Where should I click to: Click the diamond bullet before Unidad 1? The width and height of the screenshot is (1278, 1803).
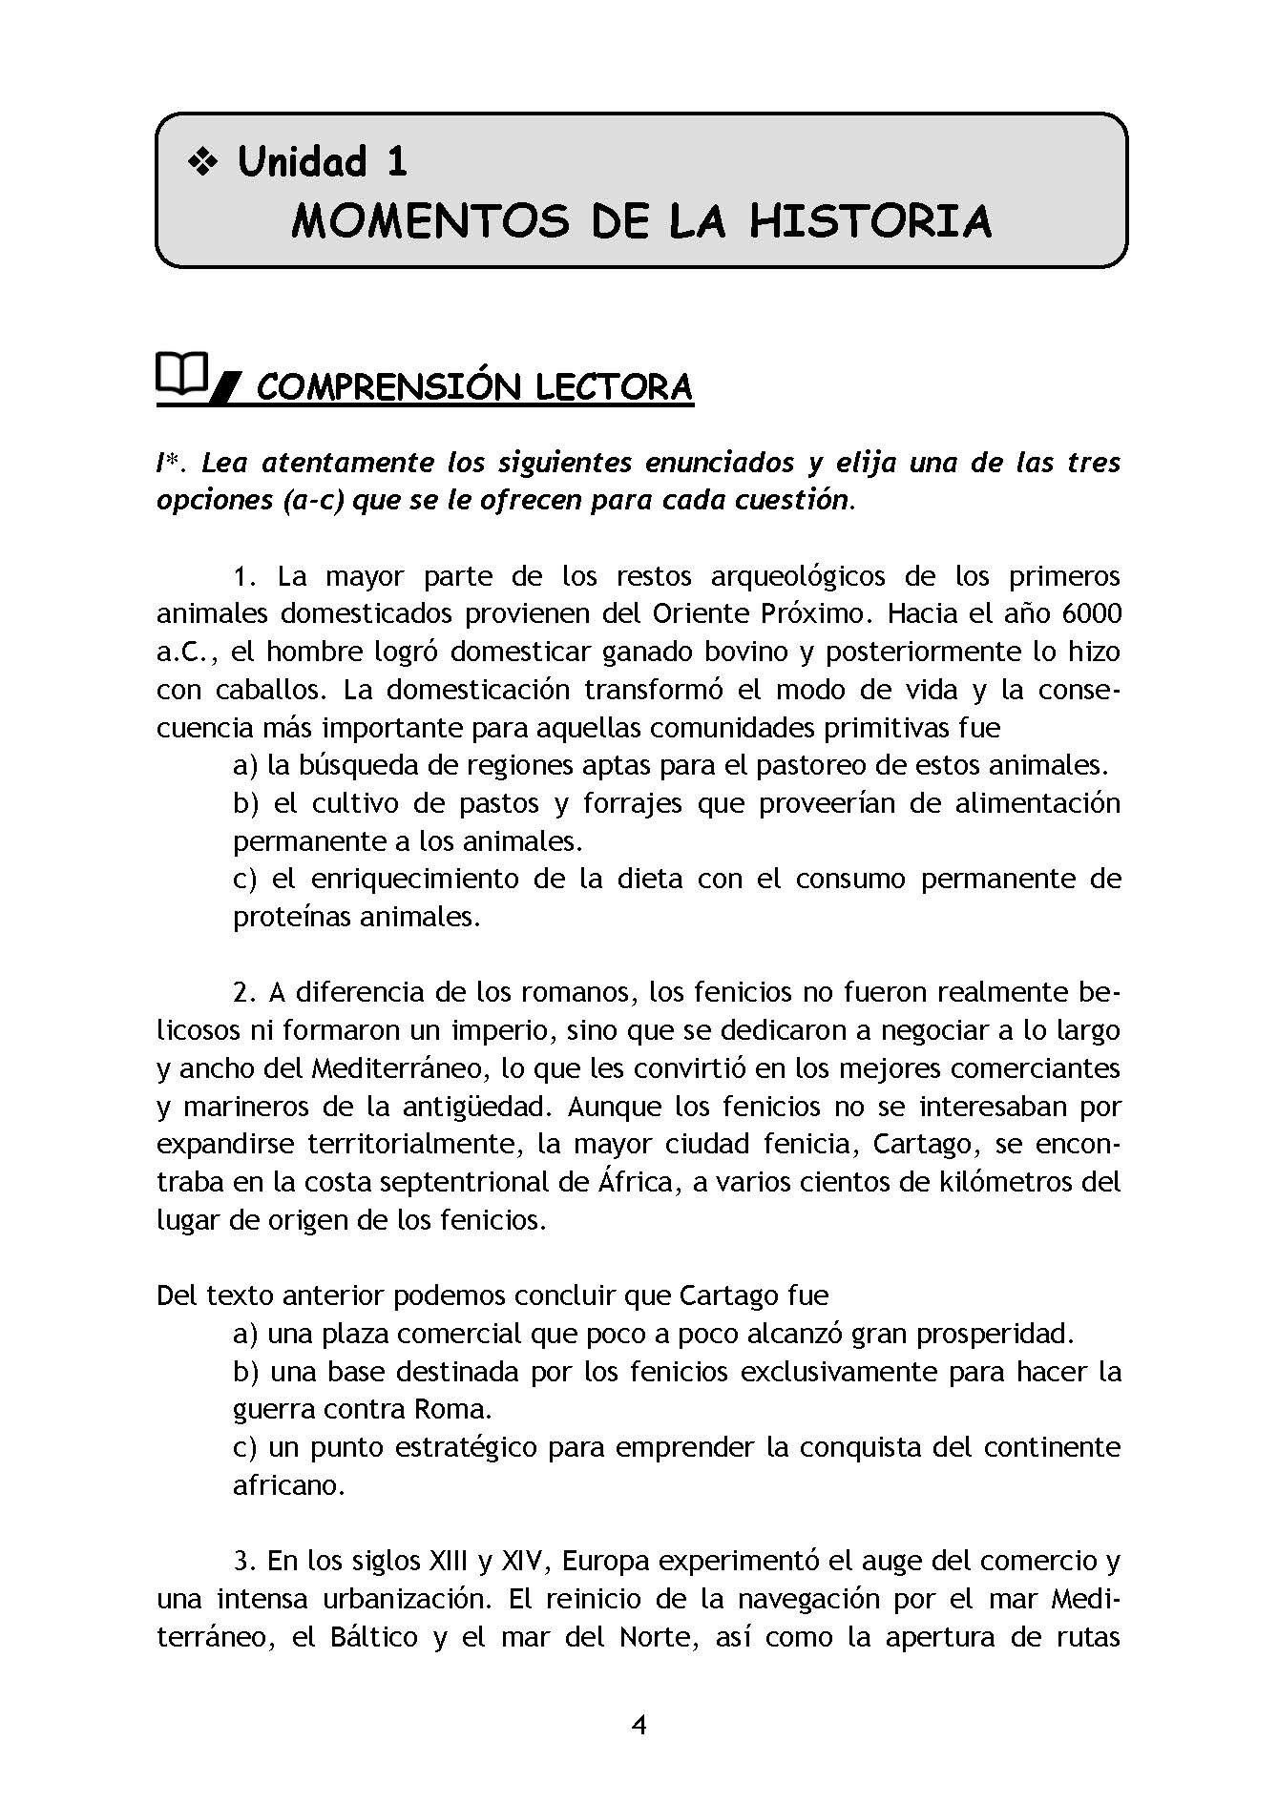(202, 163)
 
